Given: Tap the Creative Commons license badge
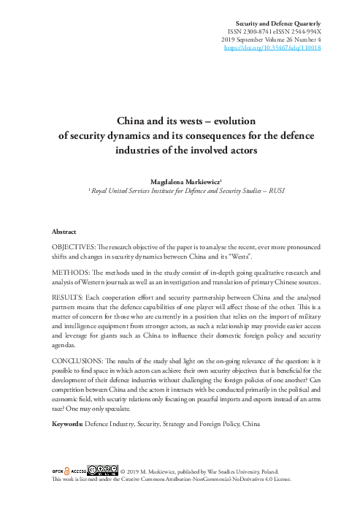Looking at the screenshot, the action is pos(102,470).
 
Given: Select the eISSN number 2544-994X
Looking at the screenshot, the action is pos(305,33).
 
